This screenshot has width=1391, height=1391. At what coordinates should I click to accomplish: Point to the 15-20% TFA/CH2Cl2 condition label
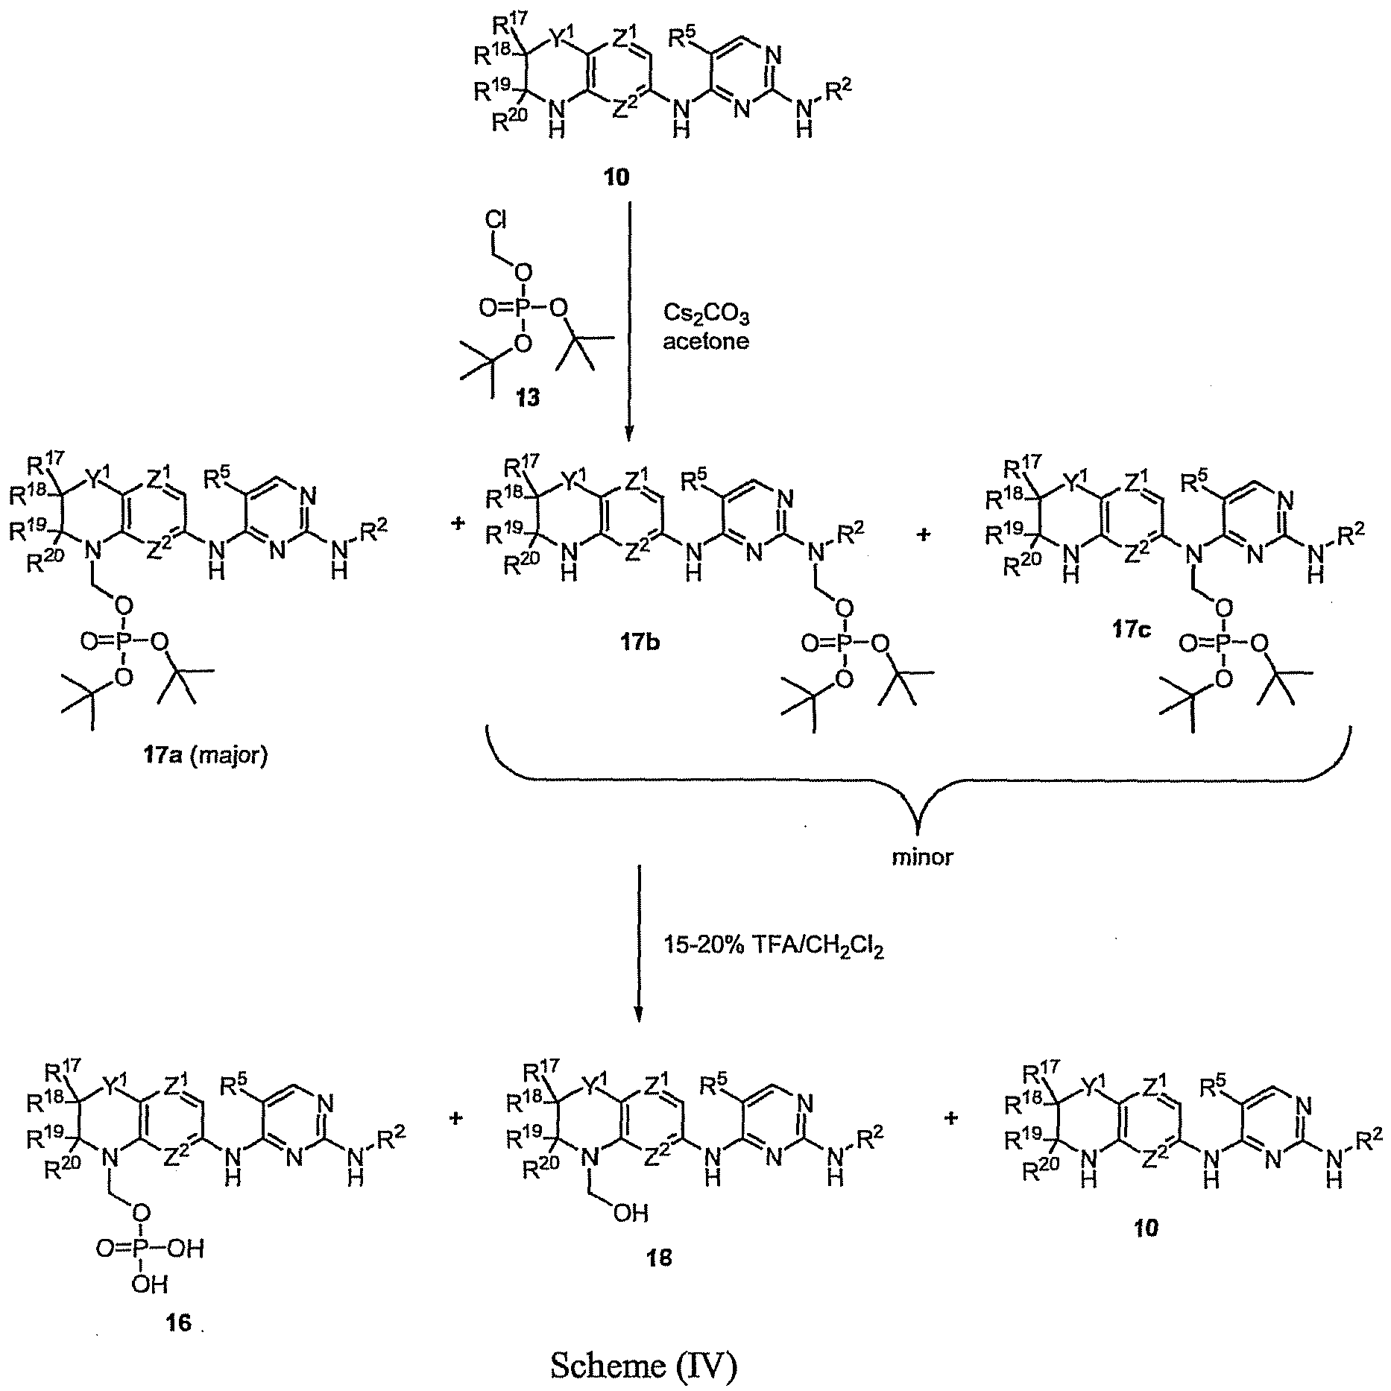[774, 947]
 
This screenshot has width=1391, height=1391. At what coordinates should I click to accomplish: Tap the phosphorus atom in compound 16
[142, 1247]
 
